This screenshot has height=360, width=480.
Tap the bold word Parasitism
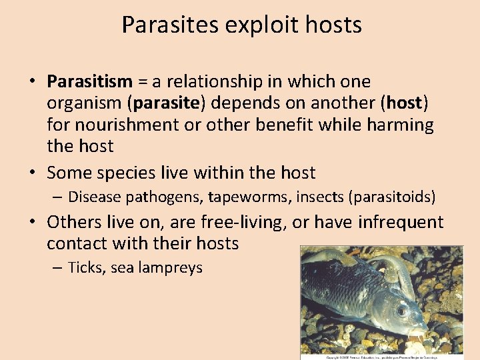tap(90, 82)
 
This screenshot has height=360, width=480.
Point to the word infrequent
tap(400, 222)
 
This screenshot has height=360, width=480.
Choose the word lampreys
tap(171, 268)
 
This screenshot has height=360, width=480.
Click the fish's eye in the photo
tap(401, 310)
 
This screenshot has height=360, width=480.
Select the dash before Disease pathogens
tap(59, 197)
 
